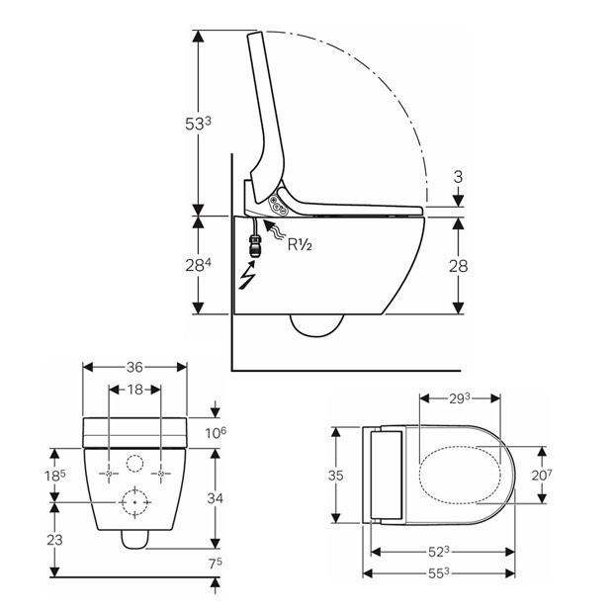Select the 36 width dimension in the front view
(x=134, y=366)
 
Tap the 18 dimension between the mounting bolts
(x=134, y=390)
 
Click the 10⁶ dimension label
(x=217, y=432)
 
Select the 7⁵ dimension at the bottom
(x=217, y=565)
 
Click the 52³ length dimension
(x=441, y=551)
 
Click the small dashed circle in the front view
(x=135, y=464)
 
